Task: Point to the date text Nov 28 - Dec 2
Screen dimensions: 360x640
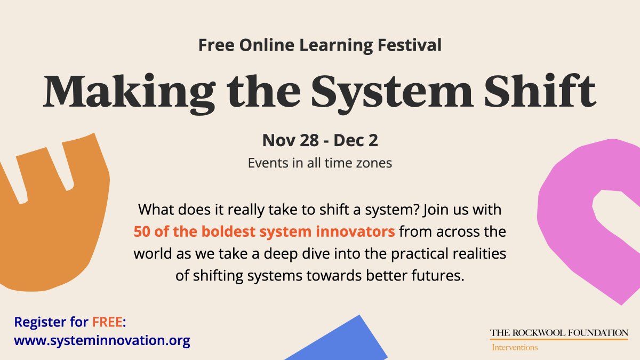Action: [x=320, y=141]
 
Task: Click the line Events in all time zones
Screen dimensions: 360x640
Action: [x=320, y=163]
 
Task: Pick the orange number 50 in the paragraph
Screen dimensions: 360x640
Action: [x=141, y=232]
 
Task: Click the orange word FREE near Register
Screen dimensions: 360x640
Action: [x=107, y=322]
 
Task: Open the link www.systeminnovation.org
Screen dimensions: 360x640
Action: [x=102, y=340]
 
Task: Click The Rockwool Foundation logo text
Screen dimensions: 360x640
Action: [x=559, y=333]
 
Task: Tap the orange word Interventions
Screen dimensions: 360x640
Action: [x=514, y=348]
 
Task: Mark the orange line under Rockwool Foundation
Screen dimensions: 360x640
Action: [x=559, y=340]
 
